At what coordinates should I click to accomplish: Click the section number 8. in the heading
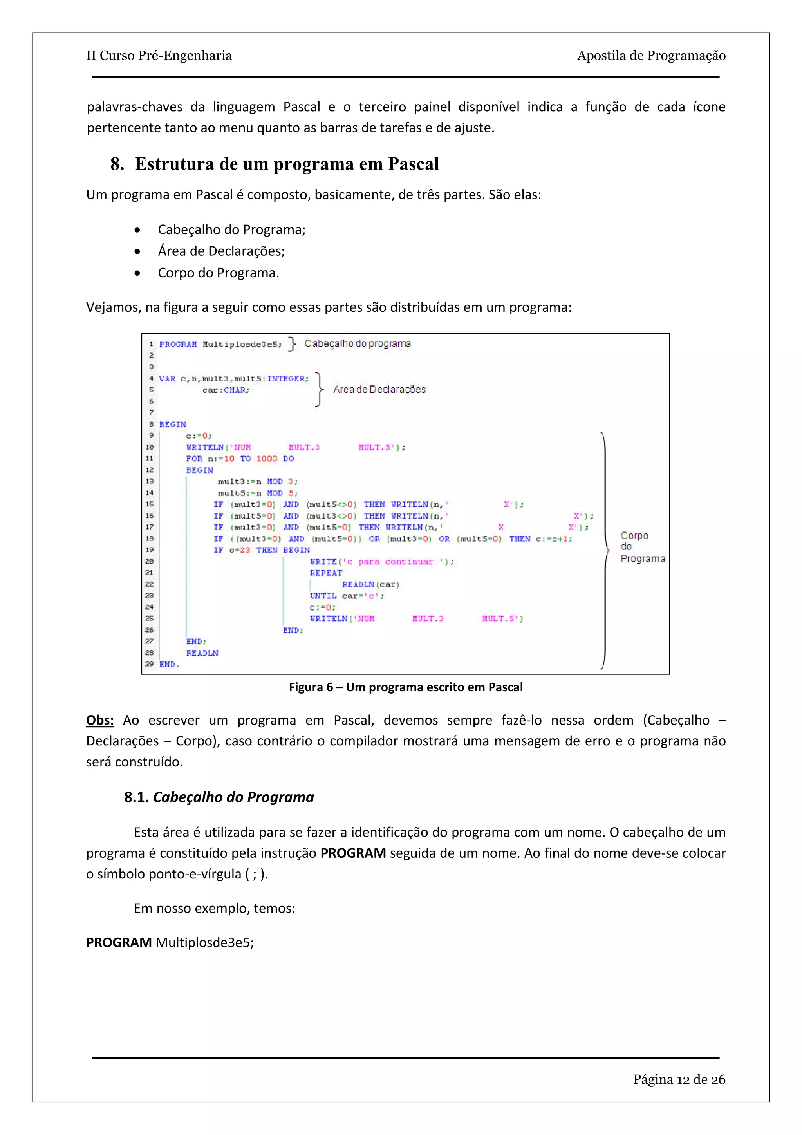click(117, 164)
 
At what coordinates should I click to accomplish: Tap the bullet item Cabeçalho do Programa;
click(231, 230)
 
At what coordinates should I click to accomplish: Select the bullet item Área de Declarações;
click(221, 251)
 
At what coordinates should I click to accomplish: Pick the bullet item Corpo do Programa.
click(219, 273)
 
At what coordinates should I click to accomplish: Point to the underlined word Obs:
click(100, 720)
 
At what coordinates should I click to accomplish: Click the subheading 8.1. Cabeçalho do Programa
click(219, 797)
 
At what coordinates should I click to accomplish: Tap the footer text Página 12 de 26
click(679, 1079)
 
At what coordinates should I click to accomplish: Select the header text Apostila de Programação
click(651, 55)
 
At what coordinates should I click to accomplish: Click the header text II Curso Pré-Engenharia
click(159, 55)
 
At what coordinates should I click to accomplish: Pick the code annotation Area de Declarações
click(379, 390)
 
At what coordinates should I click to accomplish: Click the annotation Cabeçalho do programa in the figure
click(357, 343)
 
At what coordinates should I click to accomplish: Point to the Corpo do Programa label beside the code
click(642, 547)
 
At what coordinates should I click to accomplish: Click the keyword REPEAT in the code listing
click(326, 573)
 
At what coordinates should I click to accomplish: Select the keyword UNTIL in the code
click(323, 596)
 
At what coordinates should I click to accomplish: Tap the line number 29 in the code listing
click(149, 664)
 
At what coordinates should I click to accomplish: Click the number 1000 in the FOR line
click(266, 459)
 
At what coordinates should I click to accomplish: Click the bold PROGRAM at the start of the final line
click(119, 942)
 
